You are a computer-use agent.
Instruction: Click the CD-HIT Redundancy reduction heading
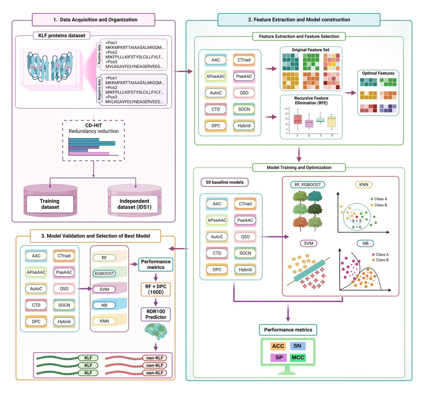click(x=94, y=128)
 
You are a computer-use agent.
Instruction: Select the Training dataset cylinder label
click(x=50, y=204)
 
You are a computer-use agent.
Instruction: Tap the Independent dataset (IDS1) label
click(x=134, y=204)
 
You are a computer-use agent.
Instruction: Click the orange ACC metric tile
click(x=278, y=346)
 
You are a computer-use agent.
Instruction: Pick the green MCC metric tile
click(x=298, y=357)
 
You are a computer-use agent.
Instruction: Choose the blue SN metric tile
click(x=297, y=346)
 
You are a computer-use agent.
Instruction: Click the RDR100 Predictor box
click(x=156, y=314)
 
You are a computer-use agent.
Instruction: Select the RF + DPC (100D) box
click(x=156, y=289)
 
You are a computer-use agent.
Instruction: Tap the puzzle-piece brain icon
click(x=156, y=331)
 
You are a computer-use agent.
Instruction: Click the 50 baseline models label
click(x=224, y=182)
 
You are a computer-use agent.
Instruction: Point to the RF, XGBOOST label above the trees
click(x=308, y=185)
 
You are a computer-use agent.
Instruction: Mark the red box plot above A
click(x=298, y=119)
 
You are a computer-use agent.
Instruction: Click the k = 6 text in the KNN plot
click(x=357, y=227)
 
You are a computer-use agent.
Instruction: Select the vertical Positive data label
click(x=99, y=54)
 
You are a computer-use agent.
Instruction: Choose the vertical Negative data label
click(x=99, y=90)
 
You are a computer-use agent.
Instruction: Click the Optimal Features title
click(x=378, y=73)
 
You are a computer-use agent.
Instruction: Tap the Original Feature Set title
click(x=311, y=50)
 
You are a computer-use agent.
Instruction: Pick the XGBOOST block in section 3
click(x=104, y=273)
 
